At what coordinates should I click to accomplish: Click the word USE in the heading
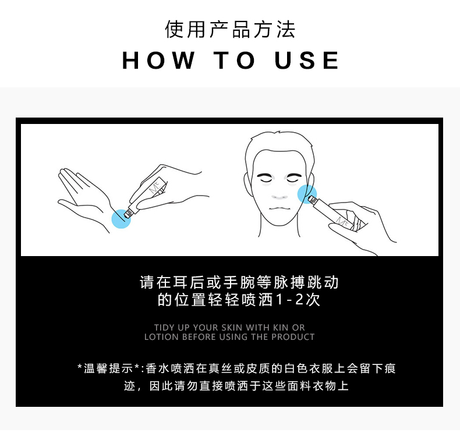(307, 61)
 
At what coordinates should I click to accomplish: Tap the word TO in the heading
(235, 61)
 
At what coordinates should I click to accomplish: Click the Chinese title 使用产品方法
(230, 29)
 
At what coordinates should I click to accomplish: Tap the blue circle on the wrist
(121, 218)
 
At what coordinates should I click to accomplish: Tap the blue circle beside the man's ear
(307, 194)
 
